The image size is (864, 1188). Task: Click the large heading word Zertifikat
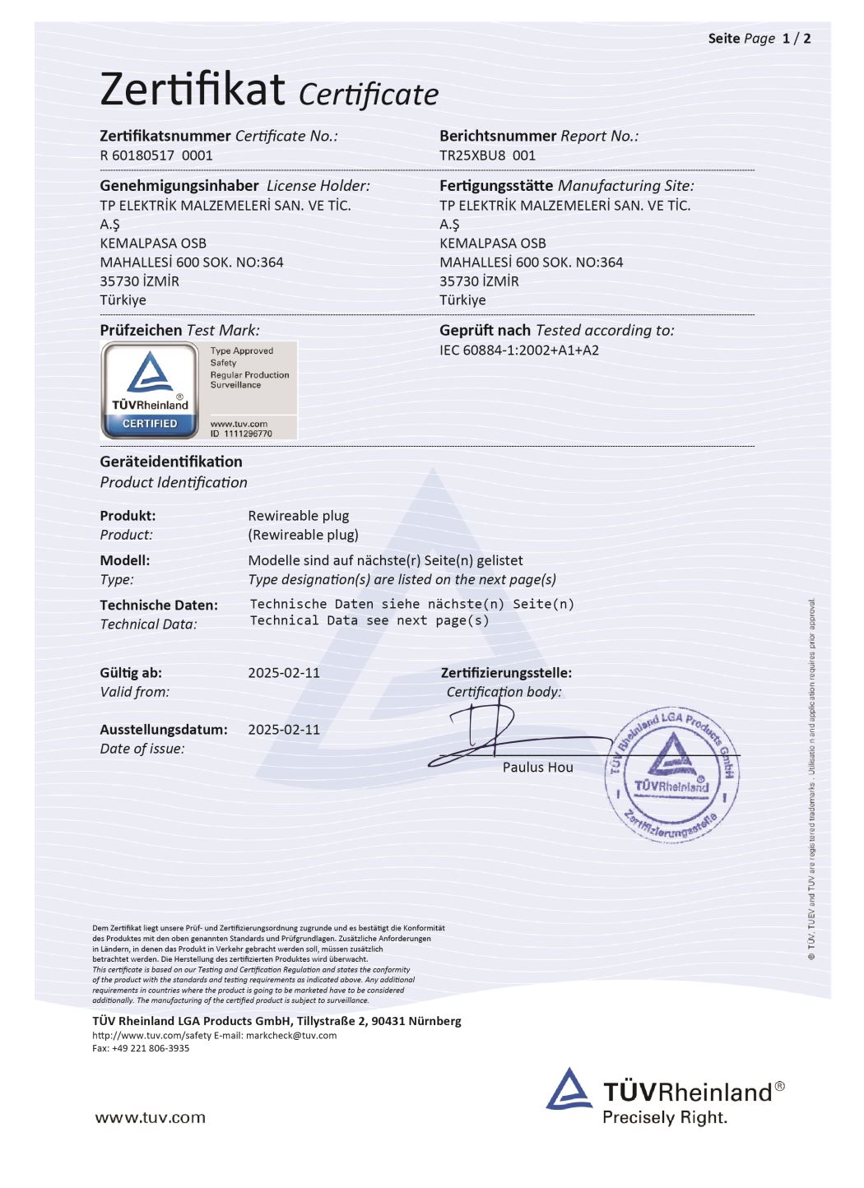pos(193,89)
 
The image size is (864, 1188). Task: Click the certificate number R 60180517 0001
pos(156,155)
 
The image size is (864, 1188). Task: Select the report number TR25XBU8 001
pos(487,155)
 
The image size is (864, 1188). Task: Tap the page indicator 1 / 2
pos(796,39)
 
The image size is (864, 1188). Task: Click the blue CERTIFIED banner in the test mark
pos(150,424)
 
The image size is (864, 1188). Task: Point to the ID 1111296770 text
pos(241,434)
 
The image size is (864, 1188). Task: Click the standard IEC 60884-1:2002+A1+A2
pos(519,350)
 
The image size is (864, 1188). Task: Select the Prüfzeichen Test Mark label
pos(179,331)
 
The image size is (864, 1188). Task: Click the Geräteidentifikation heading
pos(171,462)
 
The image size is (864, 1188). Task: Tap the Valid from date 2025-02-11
pos(284,673)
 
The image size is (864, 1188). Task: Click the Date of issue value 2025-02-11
pos(284,730)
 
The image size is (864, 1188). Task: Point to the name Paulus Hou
pos(537,768)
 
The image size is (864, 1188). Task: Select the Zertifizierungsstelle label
pos(506,673)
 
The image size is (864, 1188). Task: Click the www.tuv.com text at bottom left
pos(151,1117)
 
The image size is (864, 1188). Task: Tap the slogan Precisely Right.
pos(665,1117)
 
